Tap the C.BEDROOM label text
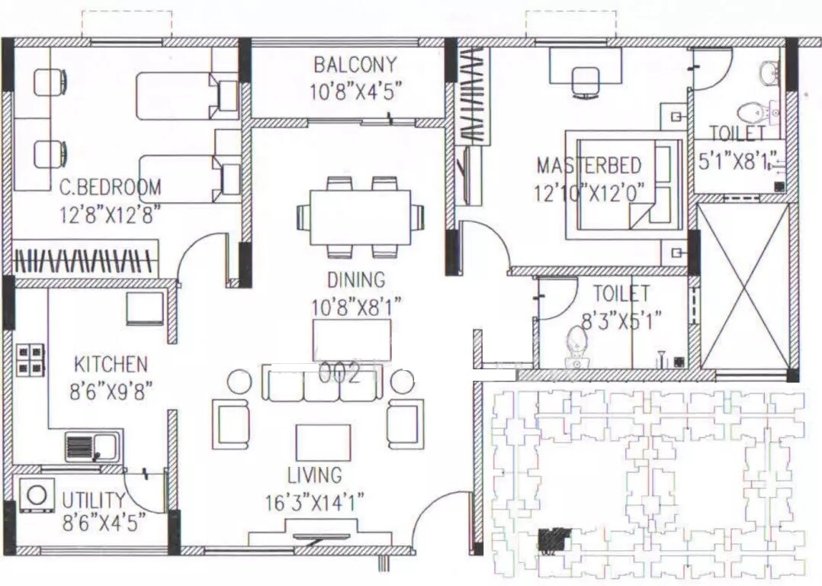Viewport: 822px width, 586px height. click(111, 187)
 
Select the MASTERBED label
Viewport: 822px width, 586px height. click(589, 166)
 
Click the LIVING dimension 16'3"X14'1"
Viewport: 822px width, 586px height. click(315, 503)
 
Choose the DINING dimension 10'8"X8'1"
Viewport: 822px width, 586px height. click(356, 307)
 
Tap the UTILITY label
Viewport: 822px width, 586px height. click(94, 501)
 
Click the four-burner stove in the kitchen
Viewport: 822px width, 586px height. click(31, 359)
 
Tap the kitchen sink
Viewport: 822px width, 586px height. click(92, 446)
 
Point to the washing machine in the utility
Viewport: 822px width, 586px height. click(36, 495)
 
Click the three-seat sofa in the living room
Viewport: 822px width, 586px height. click(320, 384)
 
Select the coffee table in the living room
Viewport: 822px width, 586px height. click(323, 443)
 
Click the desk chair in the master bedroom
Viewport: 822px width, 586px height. click(586, 81)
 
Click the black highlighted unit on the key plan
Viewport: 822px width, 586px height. click(554, 539)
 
